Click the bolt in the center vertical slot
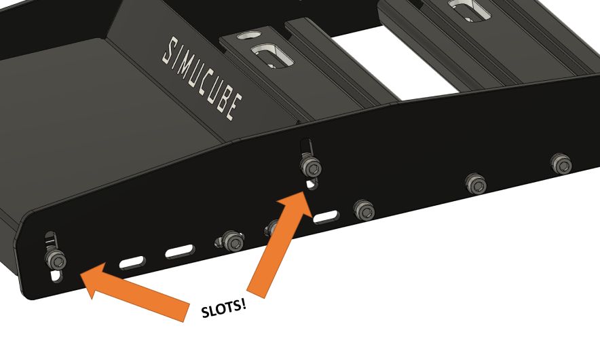(310, 165)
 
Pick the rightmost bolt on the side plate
(560, 163)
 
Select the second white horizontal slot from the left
(181, 251)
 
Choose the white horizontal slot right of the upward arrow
(326, 218)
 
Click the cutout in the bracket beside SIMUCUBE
(270, 54)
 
